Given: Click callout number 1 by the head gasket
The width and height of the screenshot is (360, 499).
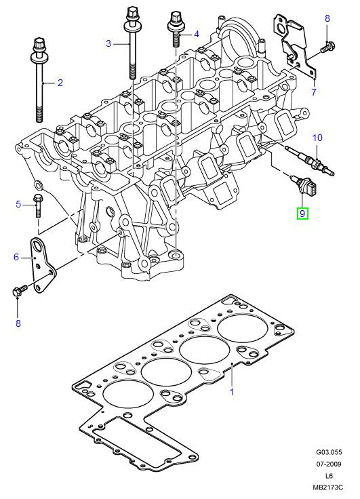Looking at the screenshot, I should [231, 391].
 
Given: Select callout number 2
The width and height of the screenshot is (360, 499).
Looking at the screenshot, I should [60, 83].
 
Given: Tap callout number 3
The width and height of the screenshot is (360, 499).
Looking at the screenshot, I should [108, 44].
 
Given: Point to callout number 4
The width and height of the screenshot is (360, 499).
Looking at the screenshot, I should [196, 33].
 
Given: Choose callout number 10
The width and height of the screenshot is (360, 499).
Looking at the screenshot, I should [316, 138].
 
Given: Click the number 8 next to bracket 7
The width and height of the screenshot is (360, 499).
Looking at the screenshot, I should [327, 18].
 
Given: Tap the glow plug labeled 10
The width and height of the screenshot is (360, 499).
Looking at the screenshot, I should [308, 167].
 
